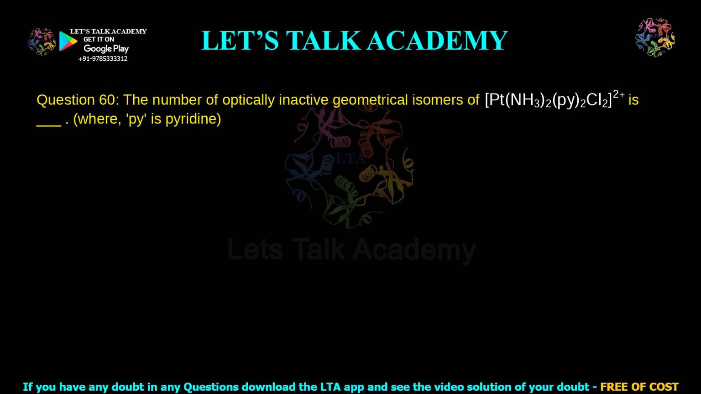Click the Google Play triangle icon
click(68, 41)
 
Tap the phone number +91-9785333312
click(103, 59)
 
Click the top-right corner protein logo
click(655, 37)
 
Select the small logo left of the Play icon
click(42, 41)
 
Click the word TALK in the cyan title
click(323, 41)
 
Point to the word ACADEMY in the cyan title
click(437, 41)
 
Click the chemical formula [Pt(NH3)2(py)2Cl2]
click(548, 100)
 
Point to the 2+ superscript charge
click(619, 94)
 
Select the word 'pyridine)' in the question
click(193, 119)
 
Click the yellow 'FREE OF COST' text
click(639, 387)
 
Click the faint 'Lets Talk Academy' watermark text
click(351, 250)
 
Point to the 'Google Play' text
click(106, 49)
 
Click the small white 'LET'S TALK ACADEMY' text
click(108, 31)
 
